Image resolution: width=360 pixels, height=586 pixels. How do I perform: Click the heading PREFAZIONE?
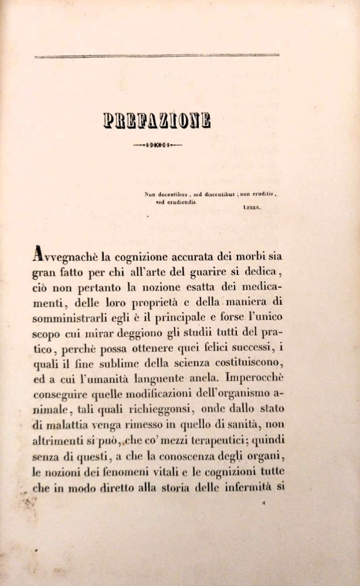(x=157, y=121)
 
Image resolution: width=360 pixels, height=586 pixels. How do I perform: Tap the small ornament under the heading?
(x=157, y=144)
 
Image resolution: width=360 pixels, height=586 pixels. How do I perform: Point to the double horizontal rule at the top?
(x=157, y=56)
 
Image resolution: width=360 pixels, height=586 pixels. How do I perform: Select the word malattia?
(x=69, y=424)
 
